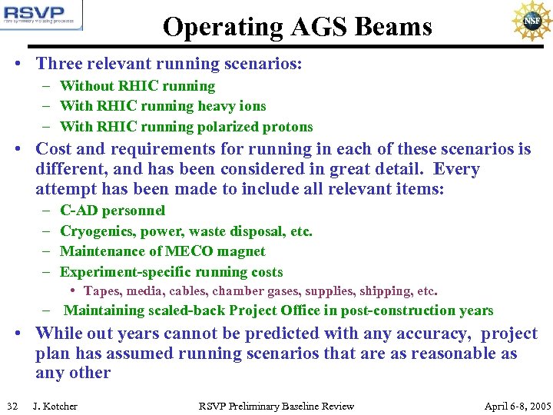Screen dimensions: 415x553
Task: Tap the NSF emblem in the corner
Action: tap(531, 22)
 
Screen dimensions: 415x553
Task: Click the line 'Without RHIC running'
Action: tap(137, 86)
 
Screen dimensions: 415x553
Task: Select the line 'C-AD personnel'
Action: tap(112, 211)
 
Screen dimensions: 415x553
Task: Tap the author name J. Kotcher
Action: tap(55, 406)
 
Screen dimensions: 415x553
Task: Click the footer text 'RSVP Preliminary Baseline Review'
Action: tap(276, 406)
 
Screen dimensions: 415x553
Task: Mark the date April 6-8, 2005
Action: tap(518, 406)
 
